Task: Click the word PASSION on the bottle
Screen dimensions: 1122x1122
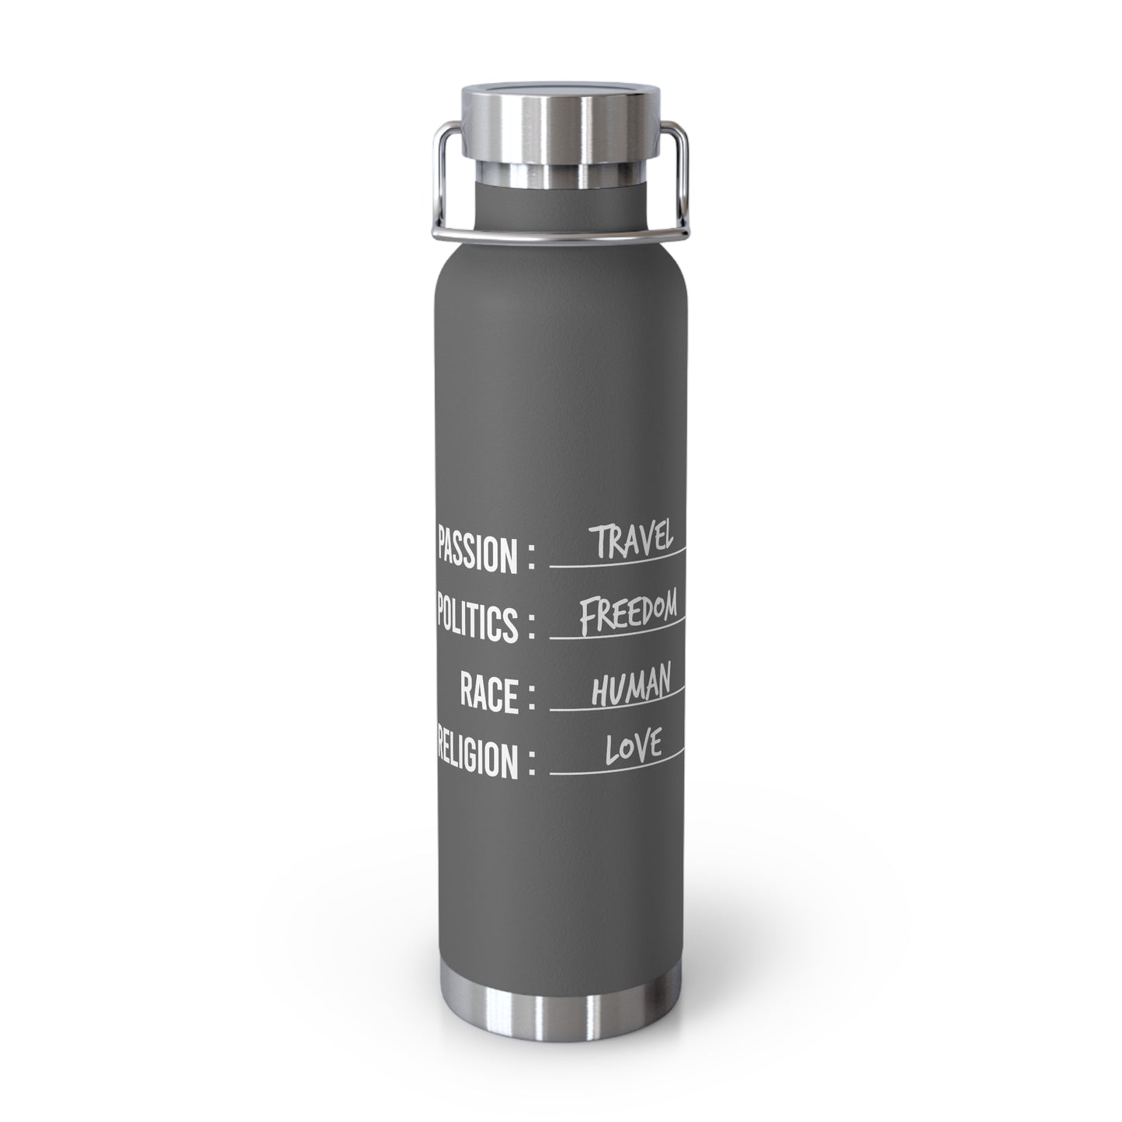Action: (x=477, y=549)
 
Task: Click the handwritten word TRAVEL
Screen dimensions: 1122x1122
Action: (x=630, y=540)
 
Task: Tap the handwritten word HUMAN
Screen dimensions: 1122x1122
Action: (x=631, y=685)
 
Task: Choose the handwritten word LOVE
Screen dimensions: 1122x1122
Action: (x=634, y=748)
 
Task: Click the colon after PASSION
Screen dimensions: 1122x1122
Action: (x=531, y=555)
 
